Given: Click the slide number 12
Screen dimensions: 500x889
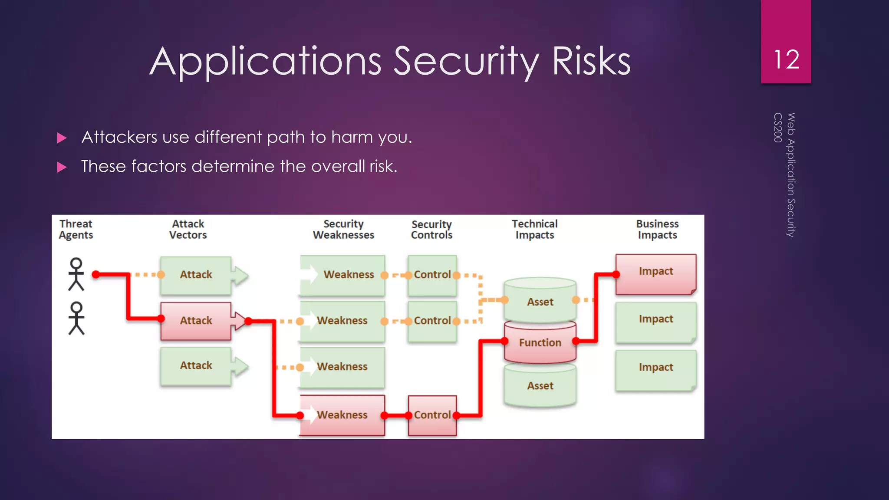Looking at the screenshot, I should (x=786, y=59).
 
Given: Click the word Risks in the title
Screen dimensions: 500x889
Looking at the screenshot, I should (x=591, y=62).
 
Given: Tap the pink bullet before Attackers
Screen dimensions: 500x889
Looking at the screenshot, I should (x=62, y=138).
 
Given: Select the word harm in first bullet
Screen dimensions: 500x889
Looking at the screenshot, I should (x=352, y=137).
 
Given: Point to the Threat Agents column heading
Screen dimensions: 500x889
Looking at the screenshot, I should (x=76, y=229).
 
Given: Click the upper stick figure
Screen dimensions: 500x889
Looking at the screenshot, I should (x=76, y=274).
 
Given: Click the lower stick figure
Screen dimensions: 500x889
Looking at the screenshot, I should (x=76, y=318).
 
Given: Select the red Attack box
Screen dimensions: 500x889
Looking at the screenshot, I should (x=196, y=321).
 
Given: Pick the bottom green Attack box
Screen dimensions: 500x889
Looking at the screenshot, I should (x=196, y=366).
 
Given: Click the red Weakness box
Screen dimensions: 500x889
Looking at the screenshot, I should (x=342, y=415).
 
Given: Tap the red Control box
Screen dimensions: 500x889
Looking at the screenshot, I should (x=432, y=415).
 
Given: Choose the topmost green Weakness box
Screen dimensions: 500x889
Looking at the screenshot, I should (x=343, y=275).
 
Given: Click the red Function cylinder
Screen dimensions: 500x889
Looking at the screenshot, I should (x=540, y=342).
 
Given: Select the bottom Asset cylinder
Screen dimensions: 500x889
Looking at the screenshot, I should (x=540, y=386).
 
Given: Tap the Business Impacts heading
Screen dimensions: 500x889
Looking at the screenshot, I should (x=657, y=229).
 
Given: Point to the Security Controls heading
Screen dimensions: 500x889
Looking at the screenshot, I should (x=431, y=230).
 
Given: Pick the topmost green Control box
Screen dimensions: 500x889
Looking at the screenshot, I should (x=432, y=275).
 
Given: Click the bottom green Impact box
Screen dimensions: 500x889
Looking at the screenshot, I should (x=655, y=368).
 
